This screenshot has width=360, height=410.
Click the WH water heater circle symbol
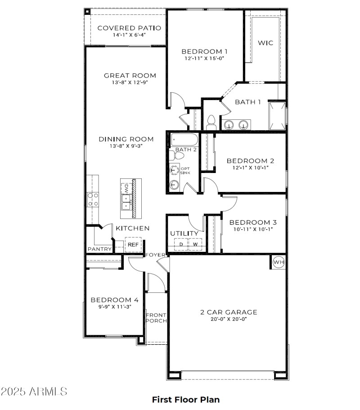[x=279, y=262]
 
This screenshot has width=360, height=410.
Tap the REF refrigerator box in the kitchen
[x=133, y=245]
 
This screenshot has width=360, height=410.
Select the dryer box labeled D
[x=181, y=244]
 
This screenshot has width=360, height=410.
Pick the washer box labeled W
[x=195, y=244]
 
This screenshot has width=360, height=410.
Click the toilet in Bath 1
[x=211, y=121]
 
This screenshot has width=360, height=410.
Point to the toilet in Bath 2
[x=177, y=156]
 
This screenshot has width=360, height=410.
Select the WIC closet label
[x=265, y=43]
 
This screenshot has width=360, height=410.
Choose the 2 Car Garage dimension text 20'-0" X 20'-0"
[x=229, y=319]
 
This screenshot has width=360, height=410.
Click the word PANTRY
[x=99, y=249]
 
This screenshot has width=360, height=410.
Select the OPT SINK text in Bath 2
[x=185, y=171]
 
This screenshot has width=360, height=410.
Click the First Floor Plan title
[x=185, y=399]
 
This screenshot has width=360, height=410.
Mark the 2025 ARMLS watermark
[x=34, y=391]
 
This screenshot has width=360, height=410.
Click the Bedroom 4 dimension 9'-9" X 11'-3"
[x=114, y=306]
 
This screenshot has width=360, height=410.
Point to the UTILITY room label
[x=184, y=233]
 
